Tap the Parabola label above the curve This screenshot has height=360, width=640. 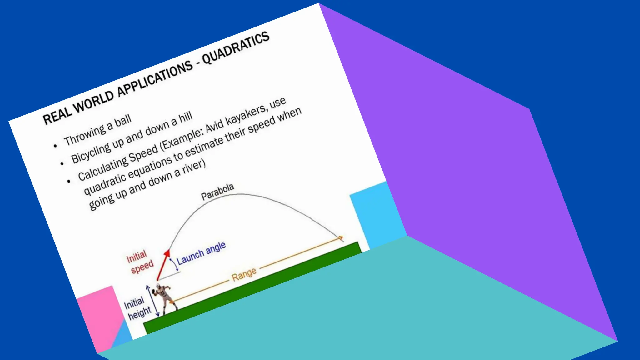[x=217, y=191]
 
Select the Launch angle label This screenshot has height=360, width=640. [x=201, y=253]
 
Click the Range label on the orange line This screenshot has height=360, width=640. [x=244, y=274]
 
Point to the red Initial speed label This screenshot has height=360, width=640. [x=139, y=262]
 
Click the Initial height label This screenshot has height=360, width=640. [x=137, y=308]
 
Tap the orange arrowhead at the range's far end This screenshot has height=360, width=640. [x=340, y=238]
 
